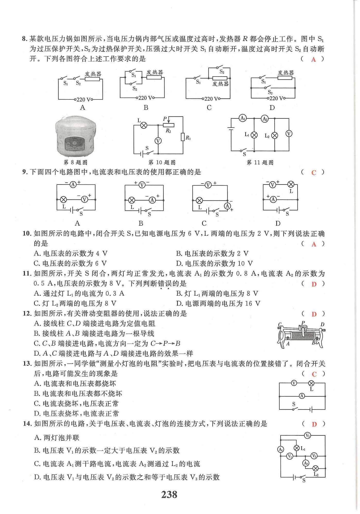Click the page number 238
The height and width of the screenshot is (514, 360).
click(169, 494)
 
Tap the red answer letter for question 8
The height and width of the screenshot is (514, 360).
click(313, 60)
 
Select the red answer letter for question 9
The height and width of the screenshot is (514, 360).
click(313, 173)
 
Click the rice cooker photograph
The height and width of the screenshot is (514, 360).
click(76, 136)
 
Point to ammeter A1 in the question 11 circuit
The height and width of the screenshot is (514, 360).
click(242, 118)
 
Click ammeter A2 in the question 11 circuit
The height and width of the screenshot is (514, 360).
click(265, 119)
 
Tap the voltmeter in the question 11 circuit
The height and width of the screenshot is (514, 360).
click(289, 134)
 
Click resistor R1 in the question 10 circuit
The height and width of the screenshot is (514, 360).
click(183, 137)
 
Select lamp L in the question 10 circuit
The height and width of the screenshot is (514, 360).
click(144, 125)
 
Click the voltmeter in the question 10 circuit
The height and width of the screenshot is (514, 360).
click(158, 141)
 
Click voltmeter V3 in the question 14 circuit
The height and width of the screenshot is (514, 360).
click(307, 435)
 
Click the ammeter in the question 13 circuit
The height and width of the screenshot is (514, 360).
click(302, 396)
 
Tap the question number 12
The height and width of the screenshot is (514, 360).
click(27, 314)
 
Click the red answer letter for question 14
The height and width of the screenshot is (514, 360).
click(314, 424)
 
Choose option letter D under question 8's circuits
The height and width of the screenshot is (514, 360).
click(272, 108)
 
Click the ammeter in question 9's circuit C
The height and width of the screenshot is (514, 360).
click(227, 206)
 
